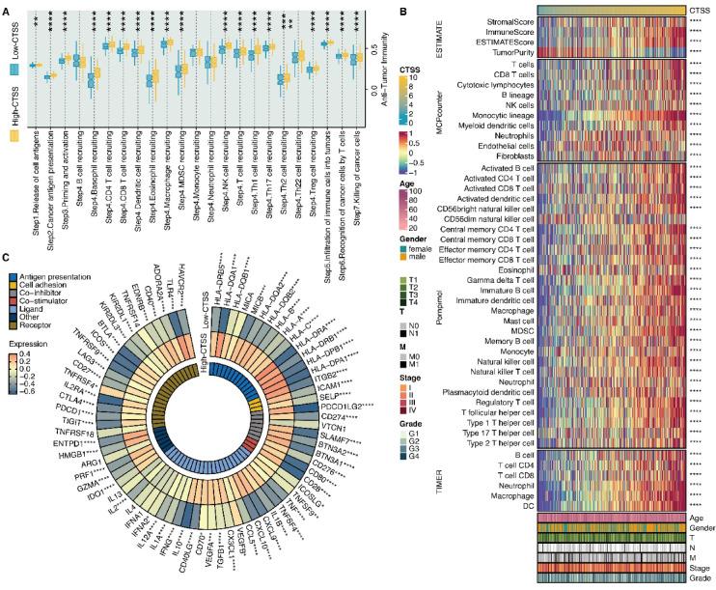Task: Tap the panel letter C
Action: tap(7, 258)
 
